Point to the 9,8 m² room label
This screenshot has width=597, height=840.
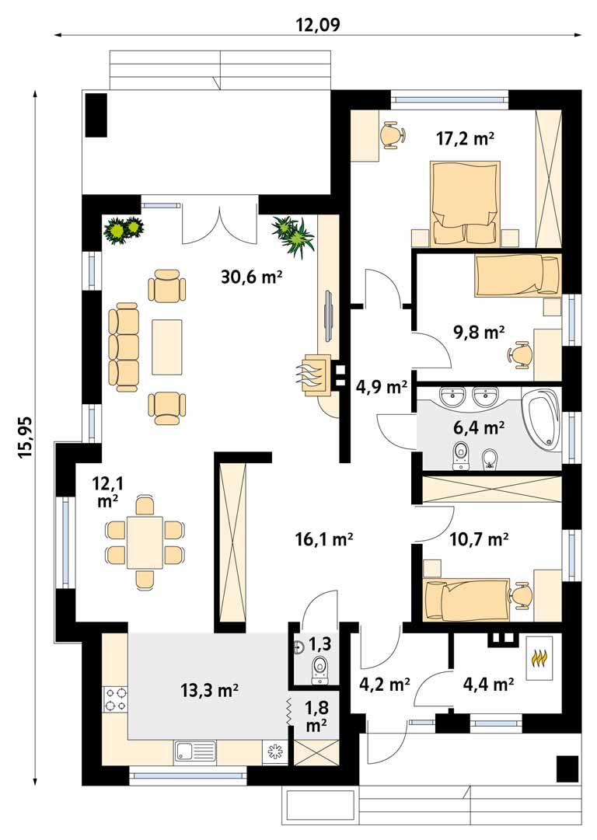tap(479, 333)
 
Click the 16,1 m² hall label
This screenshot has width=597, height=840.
tap(325, 539)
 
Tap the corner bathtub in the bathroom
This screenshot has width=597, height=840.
tap(541, 420)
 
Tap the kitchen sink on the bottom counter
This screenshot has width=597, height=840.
tap(195, 751)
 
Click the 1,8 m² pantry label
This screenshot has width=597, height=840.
tap(316, 716)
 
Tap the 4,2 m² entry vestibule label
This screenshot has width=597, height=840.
tap(385, 685)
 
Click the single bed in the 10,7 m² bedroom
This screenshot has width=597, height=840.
tap(465, 599)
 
